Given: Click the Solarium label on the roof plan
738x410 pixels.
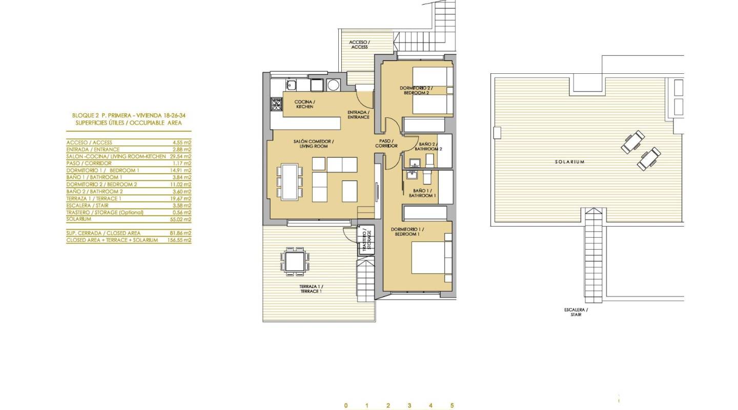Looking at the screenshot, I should click(x=569, y=162).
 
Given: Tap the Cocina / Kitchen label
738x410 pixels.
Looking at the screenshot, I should click(x=304, y=104).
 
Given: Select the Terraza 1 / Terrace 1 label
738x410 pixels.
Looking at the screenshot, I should click(x=311, y=289).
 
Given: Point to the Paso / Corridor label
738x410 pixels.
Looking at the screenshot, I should click(x=386, y=143).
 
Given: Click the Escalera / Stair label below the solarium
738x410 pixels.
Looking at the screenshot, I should click(x=576, y=312).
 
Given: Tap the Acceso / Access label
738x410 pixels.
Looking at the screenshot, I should click(x=359, y=45).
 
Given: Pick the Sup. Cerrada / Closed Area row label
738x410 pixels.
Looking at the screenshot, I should click(x=103, y=233).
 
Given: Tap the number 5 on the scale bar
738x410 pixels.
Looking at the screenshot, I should click(x=452, y=405).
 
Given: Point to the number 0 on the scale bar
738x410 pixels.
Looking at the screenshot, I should click(x=346, y=405).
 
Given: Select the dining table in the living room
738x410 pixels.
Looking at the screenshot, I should click(x=290, y=181).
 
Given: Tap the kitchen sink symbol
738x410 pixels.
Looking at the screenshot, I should click(x=291, y=85).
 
